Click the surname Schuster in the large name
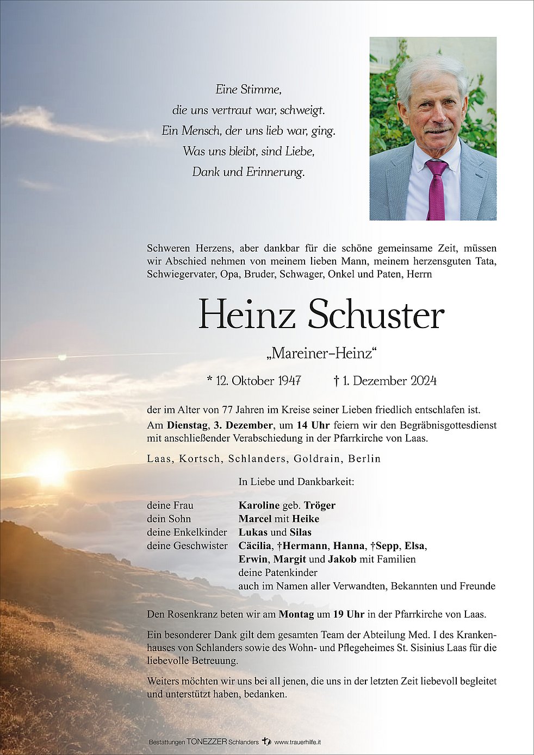(376, 315)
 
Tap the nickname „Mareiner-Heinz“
(321, 354)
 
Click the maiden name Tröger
(320, 505)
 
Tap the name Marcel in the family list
(254, 519)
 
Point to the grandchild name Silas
(301, 532)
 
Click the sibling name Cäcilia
(255, 545)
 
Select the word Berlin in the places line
(365, 458)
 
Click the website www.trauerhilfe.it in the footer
(297, 742)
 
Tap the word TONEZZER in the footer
(207, 742)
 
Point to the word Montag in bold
(296, 614)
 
